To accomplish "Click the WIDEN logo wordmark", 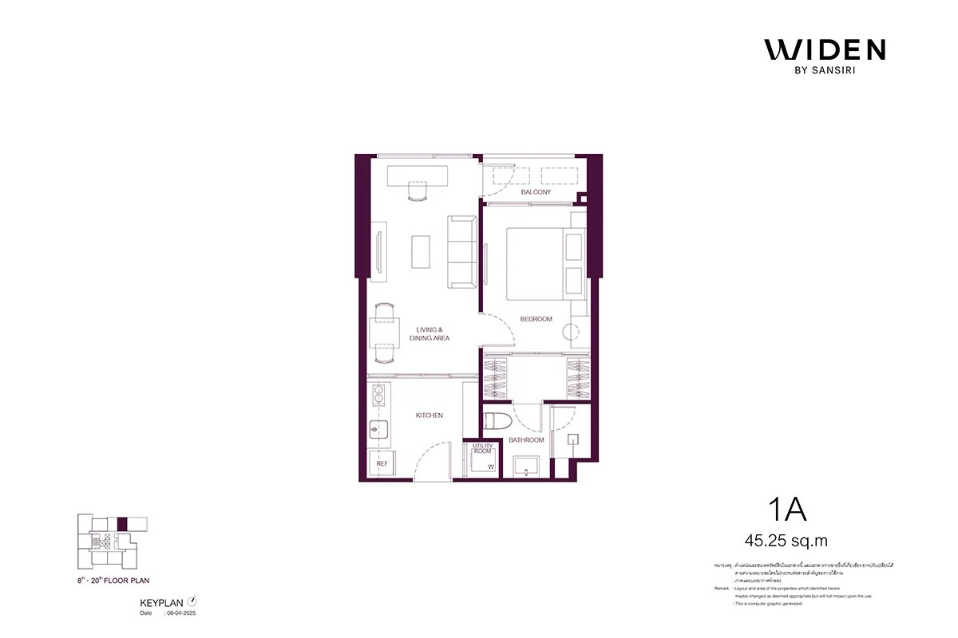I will tap(825, 49).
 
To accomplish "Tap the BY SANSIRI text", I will tap(825, 71).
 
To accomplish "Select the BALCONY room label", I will tap(536, 192).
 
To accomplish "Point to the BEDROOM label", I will tap(536, 319).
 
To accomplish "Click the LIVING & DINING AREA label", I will tap(430, 334).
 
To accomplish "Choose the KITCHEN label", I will tap(429, 415).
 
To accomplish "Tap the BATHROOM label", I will tap(528, 440).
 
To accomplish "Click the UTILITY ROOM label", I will tap(482, 448).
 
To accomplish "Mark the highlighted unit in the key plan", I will tap(122, 524).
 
